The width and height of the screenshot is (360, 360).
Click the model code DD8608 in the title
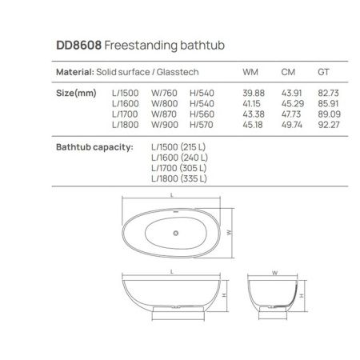point(78,46)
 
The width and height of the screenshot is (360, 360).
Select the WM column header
point(250,73)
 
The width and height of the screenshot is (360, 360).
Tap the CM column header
point(289,73)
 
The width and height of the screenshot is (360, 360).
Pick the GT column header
point(324,73)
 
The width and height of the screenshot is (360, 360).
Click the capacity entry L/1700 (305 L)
point(179,168)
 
